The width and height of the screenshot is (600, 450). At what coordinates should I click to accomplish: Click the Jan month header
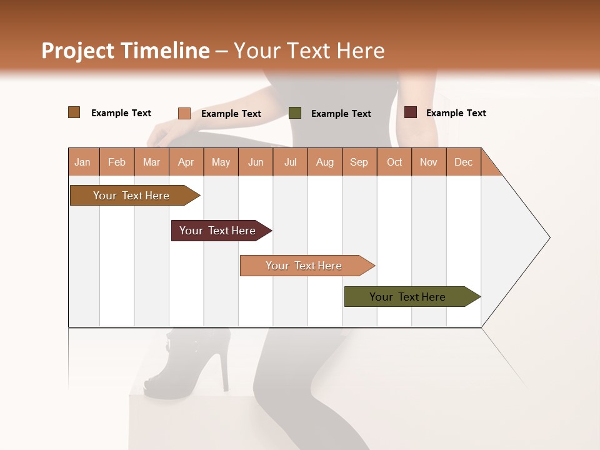point(82,162)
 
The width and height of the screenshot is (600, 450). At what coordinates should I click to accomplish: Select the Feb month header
point(117,162)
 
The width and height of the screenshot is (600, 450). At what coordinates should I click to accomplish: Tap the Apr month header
point(186,162)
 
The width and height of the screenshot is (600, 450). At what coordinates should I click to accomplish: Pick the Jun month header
point(256,162)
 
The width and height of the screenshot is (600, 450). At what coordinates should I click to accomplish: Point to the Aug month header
point(324,162)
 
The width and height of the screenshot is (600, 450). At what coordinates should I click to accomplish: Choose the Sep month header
point(359,162)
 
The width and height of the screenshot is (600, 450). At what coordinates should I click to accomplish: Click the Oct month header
point(394,162)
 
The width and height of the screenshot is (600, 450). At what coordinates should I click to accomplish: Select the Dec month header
point(463,162)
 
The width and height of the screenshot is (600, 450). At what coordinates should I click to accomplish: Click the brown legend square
point(74,112)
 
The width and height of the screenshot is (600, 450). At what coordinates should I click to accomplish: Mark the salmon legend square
point(184,113)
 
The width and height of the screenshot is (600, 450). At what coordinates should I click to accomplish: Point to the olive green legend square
point(295,112)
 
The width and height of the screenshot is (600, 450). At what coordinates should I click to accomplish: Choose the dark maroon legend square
point(411,112)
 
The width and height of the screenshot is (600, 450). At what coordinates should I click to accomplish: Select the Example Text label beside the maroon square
point(456,113)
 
